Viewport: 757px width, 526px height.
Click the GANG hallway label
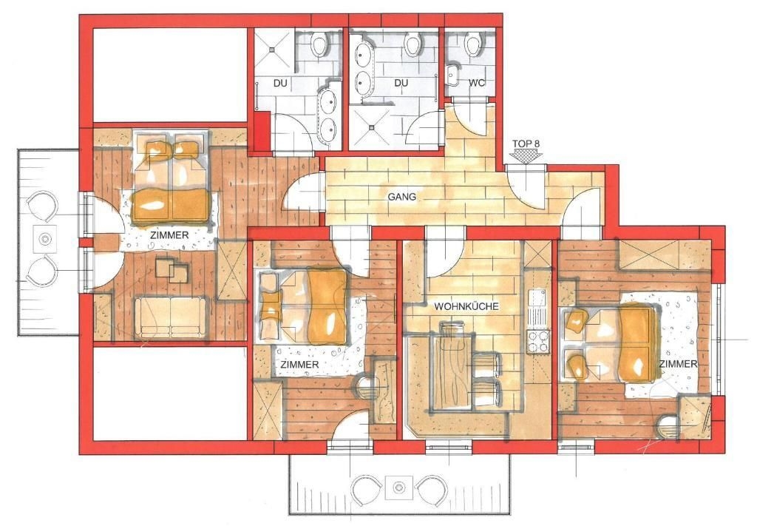pos(401,197)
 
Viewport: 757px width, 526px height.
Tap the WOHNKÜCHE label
pos(466,307)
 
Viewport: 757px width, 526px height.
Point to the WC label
pos(476,83)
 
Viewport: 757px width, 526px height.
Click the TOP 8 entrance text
pos(526,144)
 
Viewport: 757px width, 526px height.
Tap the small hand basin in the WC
pos(452,75)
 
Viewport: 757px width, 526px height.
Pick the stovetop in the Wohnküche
pos(538,340)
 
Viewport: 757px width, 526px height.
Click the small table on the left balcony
pos(46,238)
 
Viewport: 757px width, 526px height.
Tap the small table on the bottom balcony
pos(398,487)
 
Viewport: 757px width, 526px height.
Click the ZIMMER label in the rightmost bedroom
pos(679,364)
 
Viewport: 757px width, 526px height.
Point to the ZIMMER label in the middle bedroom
pos(299,365)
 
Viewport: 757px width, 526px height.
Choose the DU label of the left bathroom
pos(280,83)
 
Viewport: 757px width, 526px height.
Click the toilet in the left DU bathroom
pos(318,44)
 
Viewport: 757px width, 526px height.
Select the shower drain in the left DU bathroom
pos(273,48)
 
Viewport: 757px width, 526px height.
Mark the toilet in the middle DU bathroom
pos(412,45)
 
